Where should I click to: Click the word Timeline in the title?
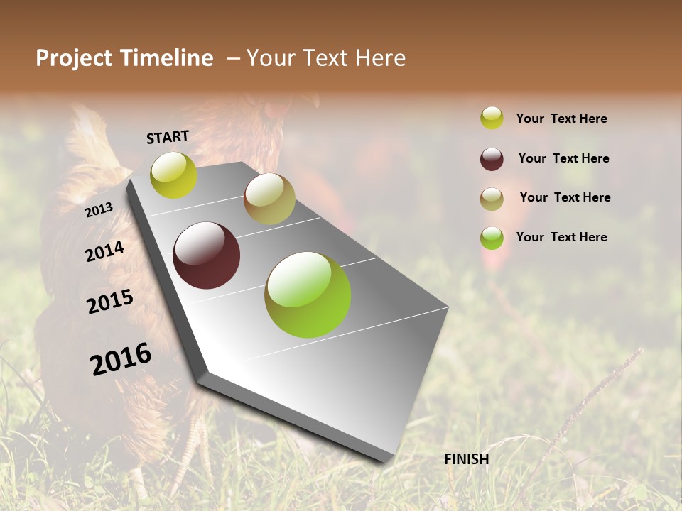(166, 58)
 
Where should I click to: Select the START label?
(168, 137)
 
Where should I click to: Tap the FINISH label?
(466, 459)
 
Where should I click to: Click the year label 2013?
(99, 210)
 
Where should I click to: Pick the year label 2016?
(121, 359)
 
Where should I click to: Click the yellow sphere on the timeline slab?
(173, 175)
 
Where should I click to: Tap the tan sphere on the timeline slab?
(269, 199)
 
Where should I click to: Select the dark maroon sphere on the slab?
(207, 255)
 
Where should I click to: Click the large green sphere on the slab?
(308, 295)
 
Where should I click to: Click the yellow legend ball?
(492, 118)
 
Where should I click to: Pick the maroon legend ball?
(492, 159)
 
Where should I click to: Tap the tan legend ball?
(492, 199)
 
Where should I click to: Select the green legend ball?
(492, 238)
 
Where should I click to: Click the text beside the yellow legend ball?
(561, 119)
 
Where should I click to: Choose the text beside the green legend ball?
(561, 237)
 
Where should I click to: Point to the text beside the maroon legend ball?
(563, 158)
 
